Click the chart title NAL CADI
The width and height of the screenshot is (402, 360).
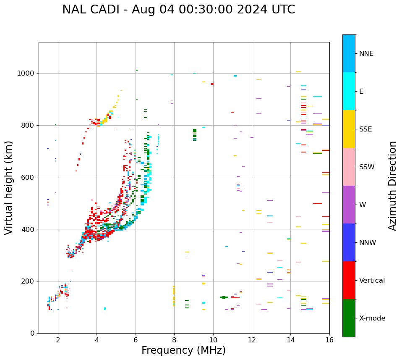(178, 10)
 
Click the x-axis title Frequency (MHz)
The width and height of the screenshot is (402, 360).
(183, 350)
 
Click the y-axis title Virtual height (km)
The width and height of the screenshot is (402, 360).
(9, 187)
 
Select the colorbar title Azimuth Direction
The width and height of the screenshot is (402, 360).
(392, 186)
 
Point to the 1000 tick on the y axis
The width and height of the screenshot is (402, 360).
(27, 73)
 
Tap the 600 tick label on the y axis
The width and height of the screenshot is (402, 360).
(29, 177)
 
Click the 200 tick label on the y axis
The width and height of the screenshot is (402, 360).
(29, 281)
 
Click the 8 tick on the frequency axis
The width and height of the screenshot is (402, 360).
(174, 339)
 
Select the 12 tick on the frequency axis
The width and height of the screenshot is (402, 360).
(252, 339)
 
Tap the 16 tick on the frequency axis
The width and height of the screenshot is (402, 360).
(329, 339)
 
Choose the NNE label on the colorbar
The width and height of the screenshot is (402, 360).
(366, 54)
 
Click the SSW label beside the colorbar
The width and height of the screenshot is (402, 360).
(367, 167)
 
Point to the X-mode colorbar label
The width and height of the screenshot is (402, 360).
(372, 318)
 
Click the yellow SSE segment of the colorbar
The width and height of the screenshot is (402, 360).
(349, 129)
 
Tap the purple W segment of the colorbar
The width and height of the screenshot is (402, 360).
(349, 205)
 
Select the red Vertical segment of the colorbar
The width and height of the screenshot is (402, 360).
(349, 280)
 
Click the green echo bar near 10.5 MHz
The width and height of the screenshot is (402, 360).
(224, 297)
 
